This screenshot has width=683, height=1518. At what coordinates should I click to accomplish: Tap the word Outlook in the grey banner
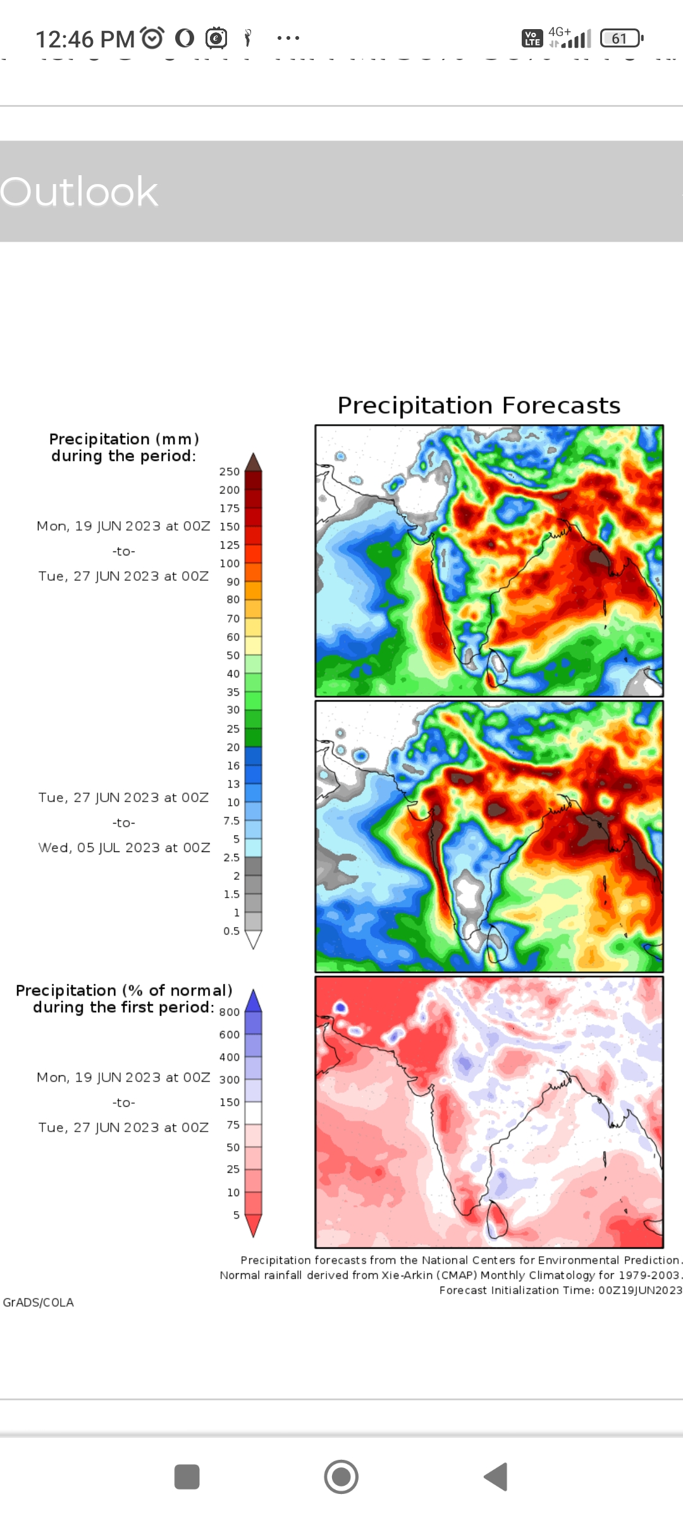79,192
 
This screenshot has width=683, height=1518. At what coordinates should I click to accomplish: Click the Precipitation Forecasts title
479,405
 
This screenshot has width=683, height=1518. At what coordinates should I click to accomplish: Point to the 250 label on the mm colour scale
230,472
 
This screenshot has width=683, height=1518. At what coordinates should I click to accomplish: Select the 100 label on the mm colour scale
230,564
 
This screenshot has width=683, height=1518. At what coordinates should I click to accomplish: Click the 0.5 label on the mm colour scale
231,931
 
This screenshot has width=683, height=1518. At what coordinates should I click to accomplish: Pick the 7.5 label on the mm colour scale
231,821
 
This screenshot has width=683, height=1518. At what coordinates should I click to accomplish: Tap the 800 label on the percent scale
230,1012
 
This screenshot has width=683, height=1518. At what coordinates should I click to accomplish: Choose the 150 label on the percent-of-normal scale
230,1102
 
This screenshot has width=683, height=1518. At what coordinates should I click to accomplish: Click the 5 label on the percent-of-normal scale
236,1215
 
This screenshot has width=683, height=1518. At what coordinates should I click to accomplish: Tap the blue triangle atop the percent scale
253,1001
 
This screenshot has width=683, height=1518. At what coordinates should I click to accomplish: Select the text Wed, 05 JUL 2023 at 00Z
124,848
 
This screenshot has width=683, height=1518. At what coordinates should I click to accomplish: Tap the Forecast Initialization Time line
560,1290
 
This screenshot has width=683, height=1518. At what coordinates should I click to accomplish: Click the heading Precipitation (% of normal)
124,990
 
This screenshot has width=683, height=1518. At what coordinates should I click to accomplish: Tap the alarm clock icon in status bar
152,39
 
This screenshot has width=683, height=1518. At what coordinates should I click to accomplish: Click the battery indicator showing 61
620,39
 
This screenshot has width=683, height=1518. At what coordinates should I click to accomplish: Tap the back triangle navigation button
496,1477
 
